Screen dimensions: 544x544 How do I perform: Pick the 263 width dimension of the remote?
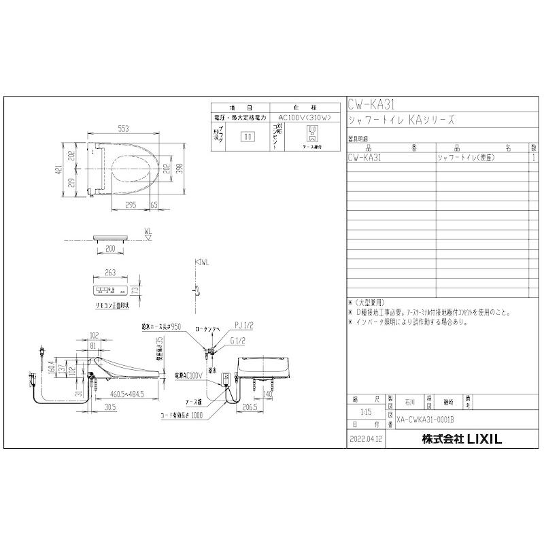(111, 273)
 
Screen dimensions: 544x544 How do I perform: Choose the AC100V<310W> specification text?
(305, 118)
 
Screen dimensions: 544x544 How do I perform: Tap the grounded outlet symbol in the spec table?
(313, 131)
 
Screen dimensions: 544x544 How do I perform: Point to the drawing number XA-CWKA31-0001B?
(427, 422)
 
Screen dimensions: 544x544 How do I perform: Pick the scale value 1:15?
(363, 412)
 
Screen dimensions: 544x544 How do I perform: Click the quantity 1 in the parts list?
(534, 156)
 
